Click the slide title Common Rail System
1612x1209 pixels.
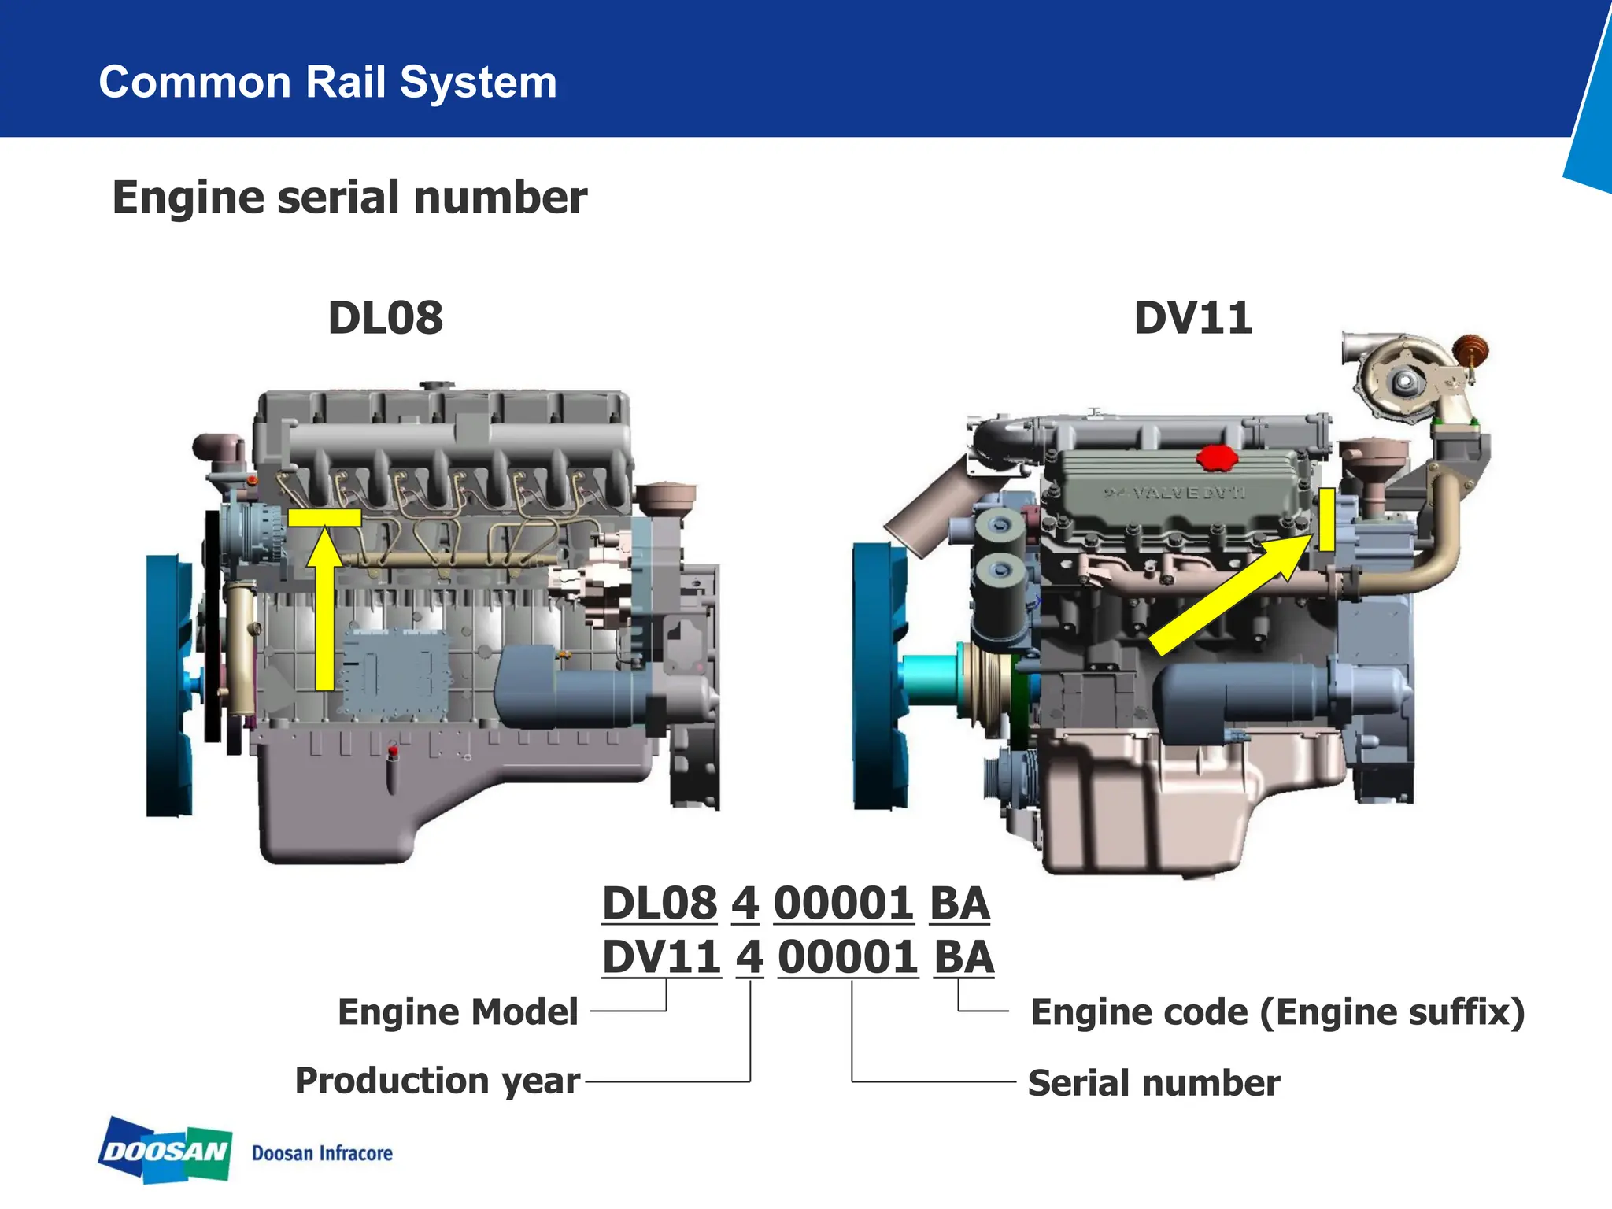[327, 82]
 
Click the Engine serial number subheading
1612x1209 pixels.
[349, 197]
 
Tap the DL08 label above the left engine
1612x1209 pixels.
[385, 318]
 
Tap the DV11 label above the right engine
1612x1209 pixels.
[1192, 318]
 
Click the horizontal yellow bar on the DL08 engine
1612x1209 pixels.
[324, 517]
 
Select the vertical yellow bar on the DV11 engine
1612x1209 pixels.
[1326, 519]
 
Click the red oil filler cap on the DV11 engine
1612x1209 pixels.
[1217, 457]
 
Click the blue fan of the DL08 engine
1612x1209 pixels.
[168, 685]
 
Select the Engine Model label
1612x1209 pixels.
[458, 1012]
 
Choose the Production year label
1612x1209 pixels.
[438, 1081]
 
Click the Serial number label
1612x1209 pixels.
[1154, 1083]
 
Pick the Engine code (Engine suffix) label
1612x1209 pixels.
[1277, 1012]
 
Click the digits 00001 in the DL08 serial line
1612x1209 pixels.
[843, 903]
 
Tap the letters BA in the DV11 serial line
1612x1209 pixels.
[964, 957]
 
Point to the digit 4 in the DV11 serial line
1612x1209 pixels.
[749, 957]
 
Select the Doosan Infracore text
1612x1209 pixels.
[322, 1153]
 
